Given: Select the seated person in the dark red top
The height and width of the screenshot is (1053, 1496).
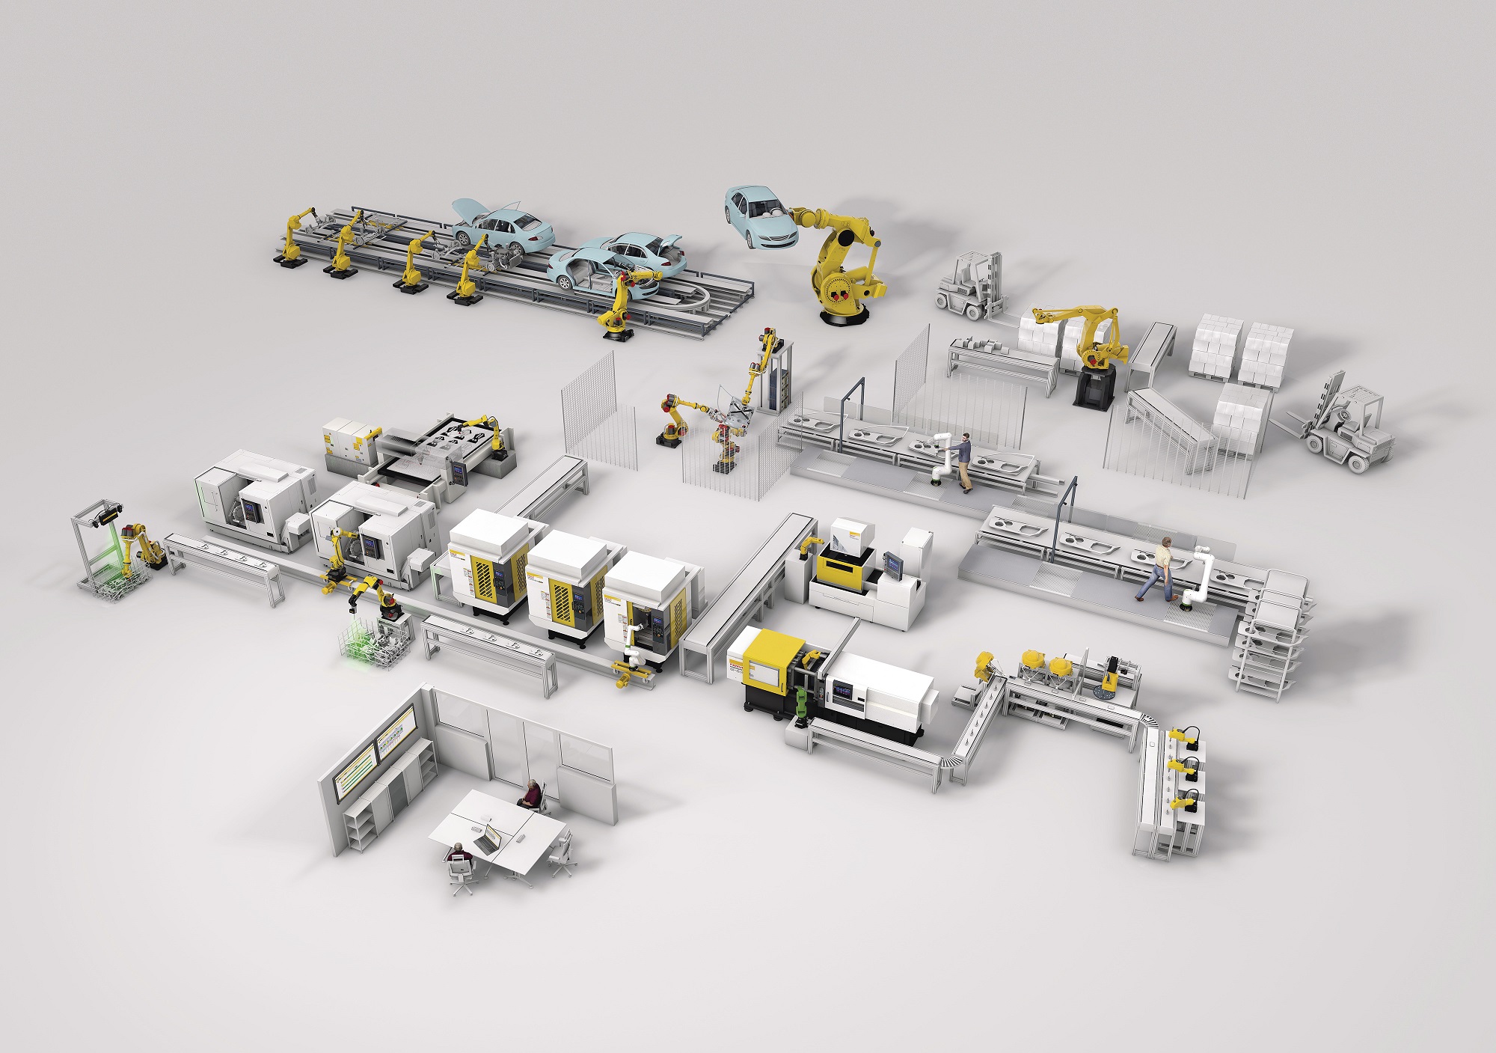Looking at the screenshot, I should (531, 793).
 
